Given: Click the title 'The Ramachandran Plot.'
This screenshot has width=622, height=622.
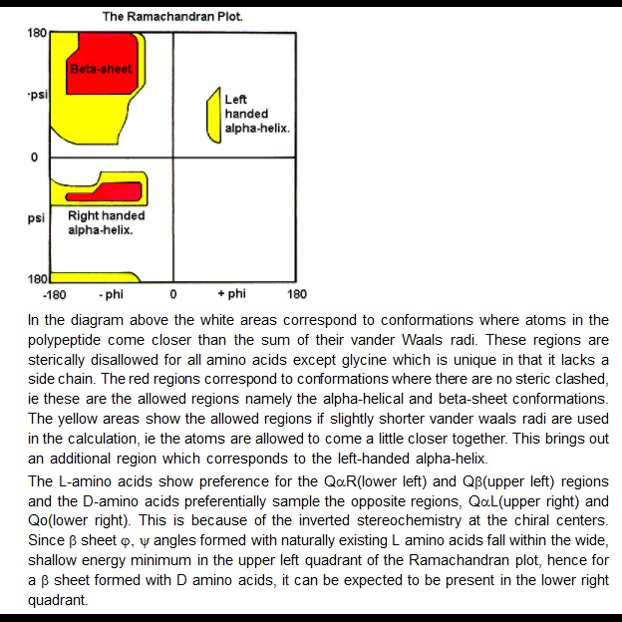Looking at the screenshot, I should [172, 17].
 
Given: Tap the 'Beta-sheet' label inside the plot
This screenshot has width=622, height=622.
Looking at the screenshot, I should [101, 69].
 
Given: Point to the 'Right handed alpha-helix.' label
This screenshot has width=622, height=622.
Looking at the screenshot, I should [106, 222].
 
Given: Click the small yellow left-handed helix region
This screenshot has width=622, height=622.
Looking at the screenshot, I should [212, 115].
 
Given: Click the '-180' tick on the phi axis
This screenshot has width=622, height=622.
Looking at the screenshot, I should [54, 295].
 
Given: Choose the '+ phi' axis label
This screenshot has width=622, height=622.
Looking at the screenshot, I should [231, 294].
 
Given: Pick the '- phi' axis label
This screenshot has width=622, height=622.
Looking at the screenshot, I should [111, 294].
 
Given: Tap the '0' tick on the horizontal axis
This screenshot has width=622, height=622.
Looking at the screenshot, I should [173, 295].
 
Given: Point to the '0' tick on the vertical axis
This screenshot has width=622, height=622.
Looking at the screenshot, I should [35, 157].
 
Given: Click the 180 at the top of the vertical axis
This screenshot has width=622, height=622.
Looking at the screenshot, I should [37, 33].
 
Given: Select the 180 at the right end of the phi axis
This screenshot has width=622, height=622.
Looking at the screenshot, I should [297, 295].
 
